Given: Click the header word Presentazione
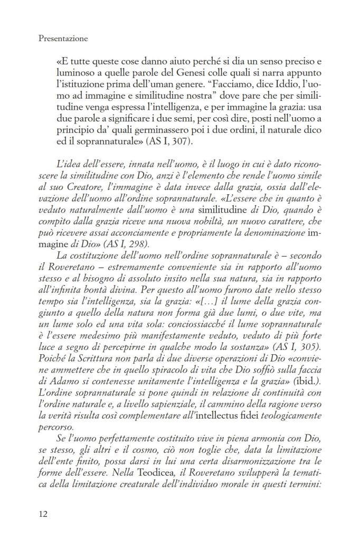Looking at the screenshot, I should (63, 39).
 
